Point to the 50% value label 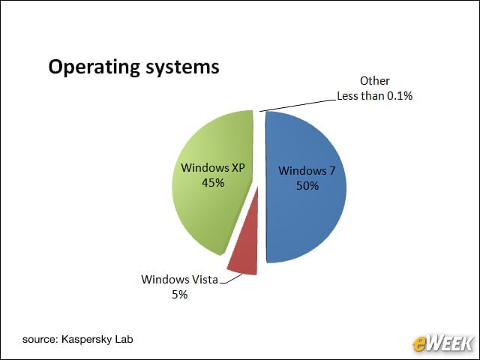click(x=307, y=185)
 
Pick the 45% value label click(x=213, y=183)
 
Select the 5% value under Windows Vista click(x=179, y=295)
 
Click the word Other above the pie click(x=375, y=81)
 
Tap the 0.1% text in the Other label click(x=400, y=96)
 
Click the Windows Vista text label click(x=180, y=280)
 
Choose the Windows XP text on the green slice click(x=213, y=168)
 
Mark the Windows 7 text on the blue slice click(x=307, y=170)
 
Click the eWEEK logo click(x=442, y=343)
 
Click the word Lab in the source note click(x=124, y=339)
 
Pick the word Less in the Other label click(x=348, y=96)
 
